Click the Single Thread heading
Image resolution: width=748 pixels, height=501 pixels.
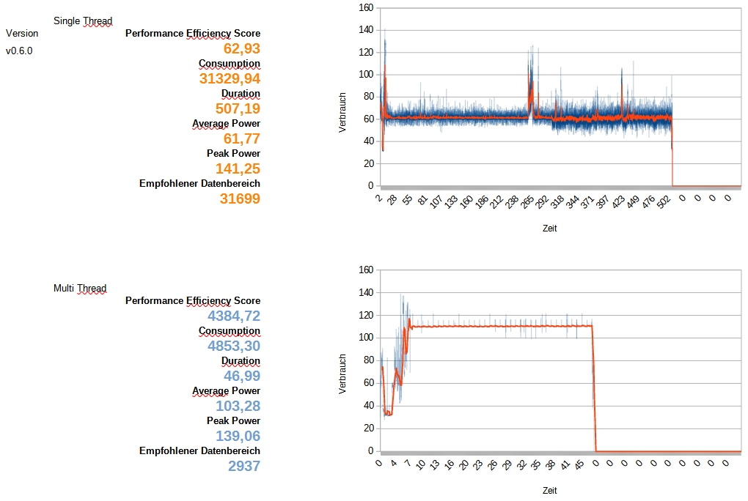[83, 21]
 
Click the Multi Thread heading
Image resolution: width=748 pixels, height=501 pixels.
[80, 288]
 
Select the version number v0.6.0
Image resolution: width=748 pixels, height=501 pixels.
[19, 51]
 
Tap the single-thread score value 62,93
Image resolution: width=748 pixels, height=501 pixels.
[241, 48]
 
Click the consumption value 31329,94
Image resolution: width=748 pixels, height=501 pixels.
[230, 78]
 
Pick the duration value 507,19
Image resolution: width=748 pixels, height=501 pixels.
[238, 108]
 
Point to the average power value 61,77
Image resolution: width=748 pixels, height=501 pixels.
[241, 138]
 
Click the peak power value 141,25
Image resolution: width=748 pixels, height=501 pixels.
[238, 168]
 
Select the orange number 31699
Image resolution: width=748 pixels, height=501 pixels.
[240, 198]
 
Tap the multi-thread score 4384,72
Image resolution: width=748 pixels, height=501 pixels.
[234, 316]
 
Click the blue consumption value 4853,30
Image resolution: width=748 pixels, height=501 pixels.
[234, 346]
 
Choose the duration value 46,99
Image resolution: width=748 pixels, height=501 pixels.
[242, 376]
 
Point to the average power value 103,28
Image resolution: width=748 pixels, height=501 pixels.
[238, 406]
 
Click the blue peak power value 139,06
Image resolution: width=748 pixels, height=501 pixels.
[238, 436]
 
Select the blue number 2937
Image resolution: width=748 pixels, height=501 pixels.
[244, 466]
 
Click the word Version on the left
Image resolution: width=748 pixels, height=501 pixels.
[22, 33]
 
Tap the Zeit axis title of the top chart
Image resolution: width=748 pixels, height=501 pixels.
[550, 228]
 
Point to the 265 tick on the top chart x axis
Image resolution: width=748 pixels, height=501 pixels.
[525, 202]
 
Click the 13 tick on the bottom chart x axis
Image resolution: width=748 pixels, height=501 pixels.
[436, 466]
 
